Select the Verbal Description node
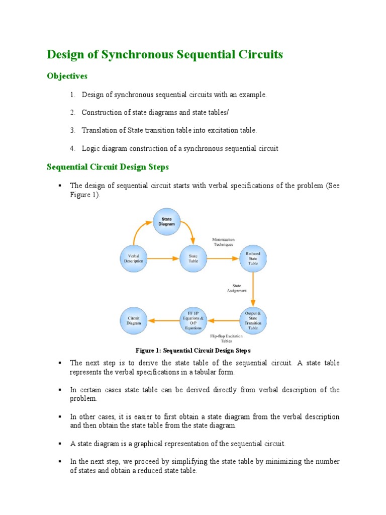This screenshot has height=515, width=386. (134, 259)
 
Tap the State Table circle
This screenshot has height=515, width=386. (193, 259)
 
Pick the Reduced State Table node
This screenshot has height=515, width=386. (253, 259)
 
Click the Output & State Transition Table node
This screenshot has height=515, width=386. (253, 320)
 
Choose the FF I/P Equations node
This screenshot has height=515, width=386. (194, 320)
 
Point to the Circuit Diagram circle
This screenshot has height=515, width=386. (134, 320)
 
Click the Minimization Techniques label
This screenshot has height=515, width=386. (223, 242)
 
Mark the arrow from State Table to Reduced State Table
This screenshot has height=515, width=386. (223, 259)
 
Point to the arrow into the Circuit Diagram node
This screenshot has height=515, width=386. (164, 320)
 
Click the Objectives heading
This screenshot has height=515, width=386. (67, 76)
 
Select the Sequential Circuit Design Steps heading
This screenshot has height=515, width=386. (108, 166)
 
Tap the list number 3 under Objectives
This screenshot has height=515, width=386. (72, 130)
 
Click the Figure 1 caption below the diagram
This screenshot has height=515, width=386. (193, 350)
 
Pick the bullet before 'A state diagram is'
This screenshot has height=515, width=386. (59, 444)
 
